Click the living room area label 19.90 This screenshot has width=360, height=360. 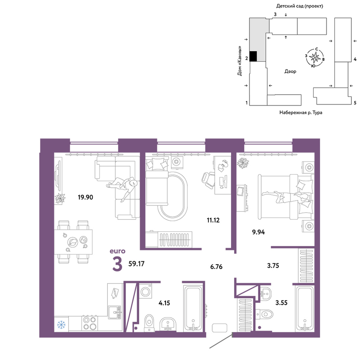pos(85,197)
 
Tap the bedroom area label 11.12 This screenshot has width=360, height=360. pos(213,220)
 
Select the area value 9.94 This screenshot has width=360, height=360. pos(258,232)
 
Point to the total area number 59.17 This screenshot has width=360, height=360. pos(136,264)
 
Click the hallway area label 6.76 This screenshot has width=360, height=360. pos(216,267)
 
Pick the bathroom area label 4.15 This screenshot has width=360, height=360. pos(164,303)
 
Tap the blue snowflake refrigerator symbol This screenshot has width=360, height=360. pos(61,325)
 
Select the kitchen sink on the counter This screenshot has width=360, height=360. pos(114,312)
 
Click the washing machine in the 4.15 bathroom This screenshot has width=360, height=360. pos(145,291)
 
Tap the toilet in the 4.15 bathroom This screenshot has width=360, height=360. pos(149,323)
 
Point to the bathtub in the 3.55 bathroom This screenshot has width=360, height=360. pos(305,309)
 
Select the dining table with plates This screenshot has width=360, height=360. pos(73,242)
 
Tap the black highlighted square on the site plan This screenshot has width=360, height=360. pos(253,56)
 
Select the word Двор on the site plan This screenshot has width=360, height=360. pos(290,71)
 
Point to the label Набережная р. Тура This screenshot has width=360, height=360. pos(301,112)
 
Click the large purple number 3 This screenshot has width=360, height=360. pos(117,264)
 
